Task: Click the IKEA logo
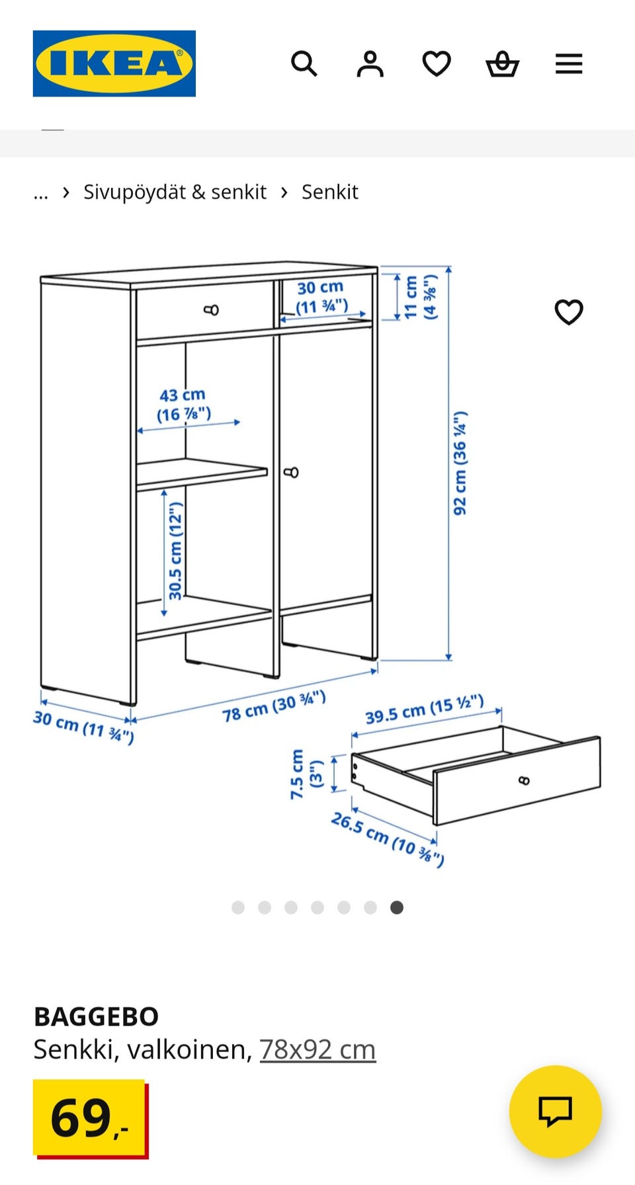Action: pyautogui.click(x=114, y=63)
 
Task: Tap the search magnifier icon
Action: pyautogui.click(x=304, y=64)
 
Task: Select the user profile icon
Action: pyautogui.click(x=370, y=64)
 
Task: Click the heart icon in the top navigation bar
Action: pyautogui.click(x=437, y=64)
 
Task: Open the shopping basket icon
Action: pyautogui.click(x=503, y=64)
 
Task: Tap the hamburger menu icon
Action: pyautogui.click(x=569, y=64)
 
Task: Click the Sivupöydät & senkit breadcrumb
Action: pyautogui.click(x=175, y=192)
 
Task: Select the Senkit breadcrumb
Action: pyautogui.click(x=330, y=192)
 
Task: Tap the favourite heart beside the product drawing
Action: pyautogui.click(x=569, y=312)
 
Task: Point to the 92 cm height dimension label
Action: pyautogui.click(x=460, y=463)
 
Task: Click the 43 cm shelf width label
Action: pyautogui.click(x=183, y=405)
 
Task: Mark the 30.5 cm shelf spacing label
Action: pyautogui.click(x=175, y=551)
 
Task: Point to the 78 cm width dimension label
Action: pyautogui.click(x=274, y=706)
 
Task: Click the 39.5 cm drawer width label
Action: pyautogui.click(x=425, y=710)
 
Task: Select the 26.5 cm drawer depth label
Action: pyautogui.click(x=388, y=839)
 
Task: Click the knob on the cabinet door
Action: pyautogui.click(x=291, y=472)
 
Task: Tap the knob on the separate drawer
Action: pyautogui.click(x=524, y=781)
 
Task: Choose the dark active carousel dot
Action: pyautogui.click(x=397, y=907)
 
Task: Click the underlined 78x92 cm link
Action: pyautogui.click(x=317, y=1049)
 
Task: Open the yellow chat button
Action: pyautogui.click(x=556, y=1112)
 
